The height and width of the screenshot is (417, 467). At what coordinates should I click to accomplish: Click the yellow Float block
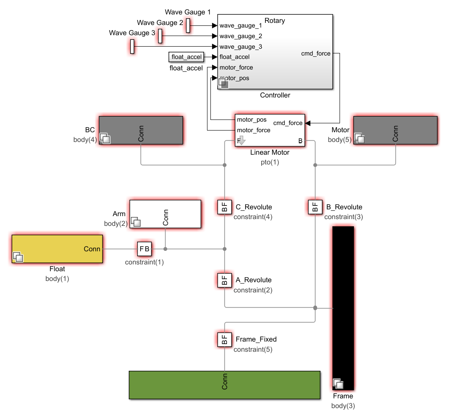57,249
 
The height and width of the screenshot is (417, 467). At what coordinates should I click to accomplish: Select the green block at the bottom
224,385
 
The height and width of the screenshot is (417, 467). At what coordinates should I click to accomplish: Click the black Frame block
343,308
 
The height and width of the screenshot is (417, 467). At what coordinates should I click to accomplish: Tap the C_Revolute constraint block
224,207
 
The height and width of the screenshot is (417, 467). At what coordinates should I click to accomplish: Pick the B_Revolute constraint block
315,207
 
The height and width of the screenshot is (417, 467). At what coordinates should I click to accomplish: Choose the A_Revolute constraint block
224,280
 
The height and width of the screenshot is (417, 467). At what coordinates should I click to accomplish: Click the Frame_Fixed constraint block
224,339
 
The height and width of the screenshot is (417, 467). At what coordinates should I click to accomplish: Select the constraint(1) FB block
144,249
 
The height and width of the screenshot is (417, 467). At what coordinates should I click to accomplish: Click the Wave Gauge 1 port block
188,25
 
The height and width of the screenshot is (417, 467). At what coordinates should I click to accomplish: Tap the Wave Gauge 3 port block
132,47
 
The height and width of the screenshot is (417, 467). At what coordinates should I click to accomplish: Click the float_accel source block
186,57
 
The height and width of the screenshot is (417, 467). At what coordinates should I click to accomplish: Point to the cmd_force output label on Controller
316,53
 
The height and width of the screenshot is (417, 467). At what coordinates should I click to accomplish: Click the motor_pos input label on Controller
235,78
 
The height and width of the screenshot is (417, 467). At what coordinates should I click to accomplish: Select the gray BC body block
141,130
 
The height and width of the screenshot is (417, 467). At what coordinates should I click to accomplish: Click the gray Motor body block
395,130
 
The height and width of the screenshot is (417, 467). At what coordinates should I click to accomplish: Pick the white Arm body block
165,214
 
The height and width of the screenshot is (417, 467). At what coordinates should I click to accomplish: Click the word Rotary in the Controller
275,21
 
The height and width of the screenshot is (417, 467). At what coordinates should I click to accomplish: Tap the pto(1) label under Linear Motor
270,162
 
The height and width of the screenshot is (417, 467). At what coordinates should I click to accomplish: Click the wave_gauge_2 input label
241,36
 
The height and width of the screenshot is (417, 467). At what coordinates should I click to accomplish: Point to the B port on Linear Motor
300,141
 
